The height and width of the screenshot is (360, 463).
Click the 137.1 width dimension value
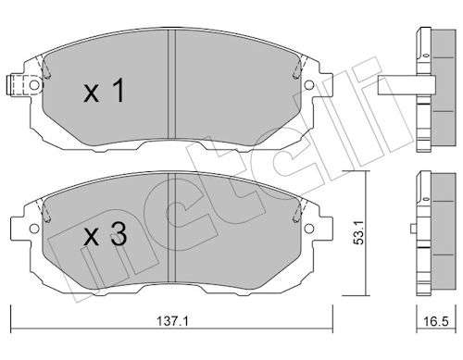click(x=172, y=321)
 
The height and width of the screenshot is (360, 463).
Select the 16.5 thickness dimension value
click(x=436, y=322)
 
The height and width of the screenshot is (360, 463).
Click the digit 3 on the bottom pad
click(x=119, y=234)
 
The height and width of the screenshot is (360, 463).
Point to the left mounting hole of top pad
click(x=34, y=85)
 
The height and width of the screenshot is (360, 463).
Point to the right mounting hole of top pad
click(x=309, y=85)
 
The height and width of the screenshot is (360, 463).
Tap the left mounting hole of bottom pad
click(x=34, y=229)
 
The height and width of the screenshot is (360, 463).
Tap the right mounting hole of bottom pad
click(x=309, y=229)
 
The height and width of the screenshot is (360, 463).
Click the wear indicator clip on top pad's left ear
click(x=19, y=85)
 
